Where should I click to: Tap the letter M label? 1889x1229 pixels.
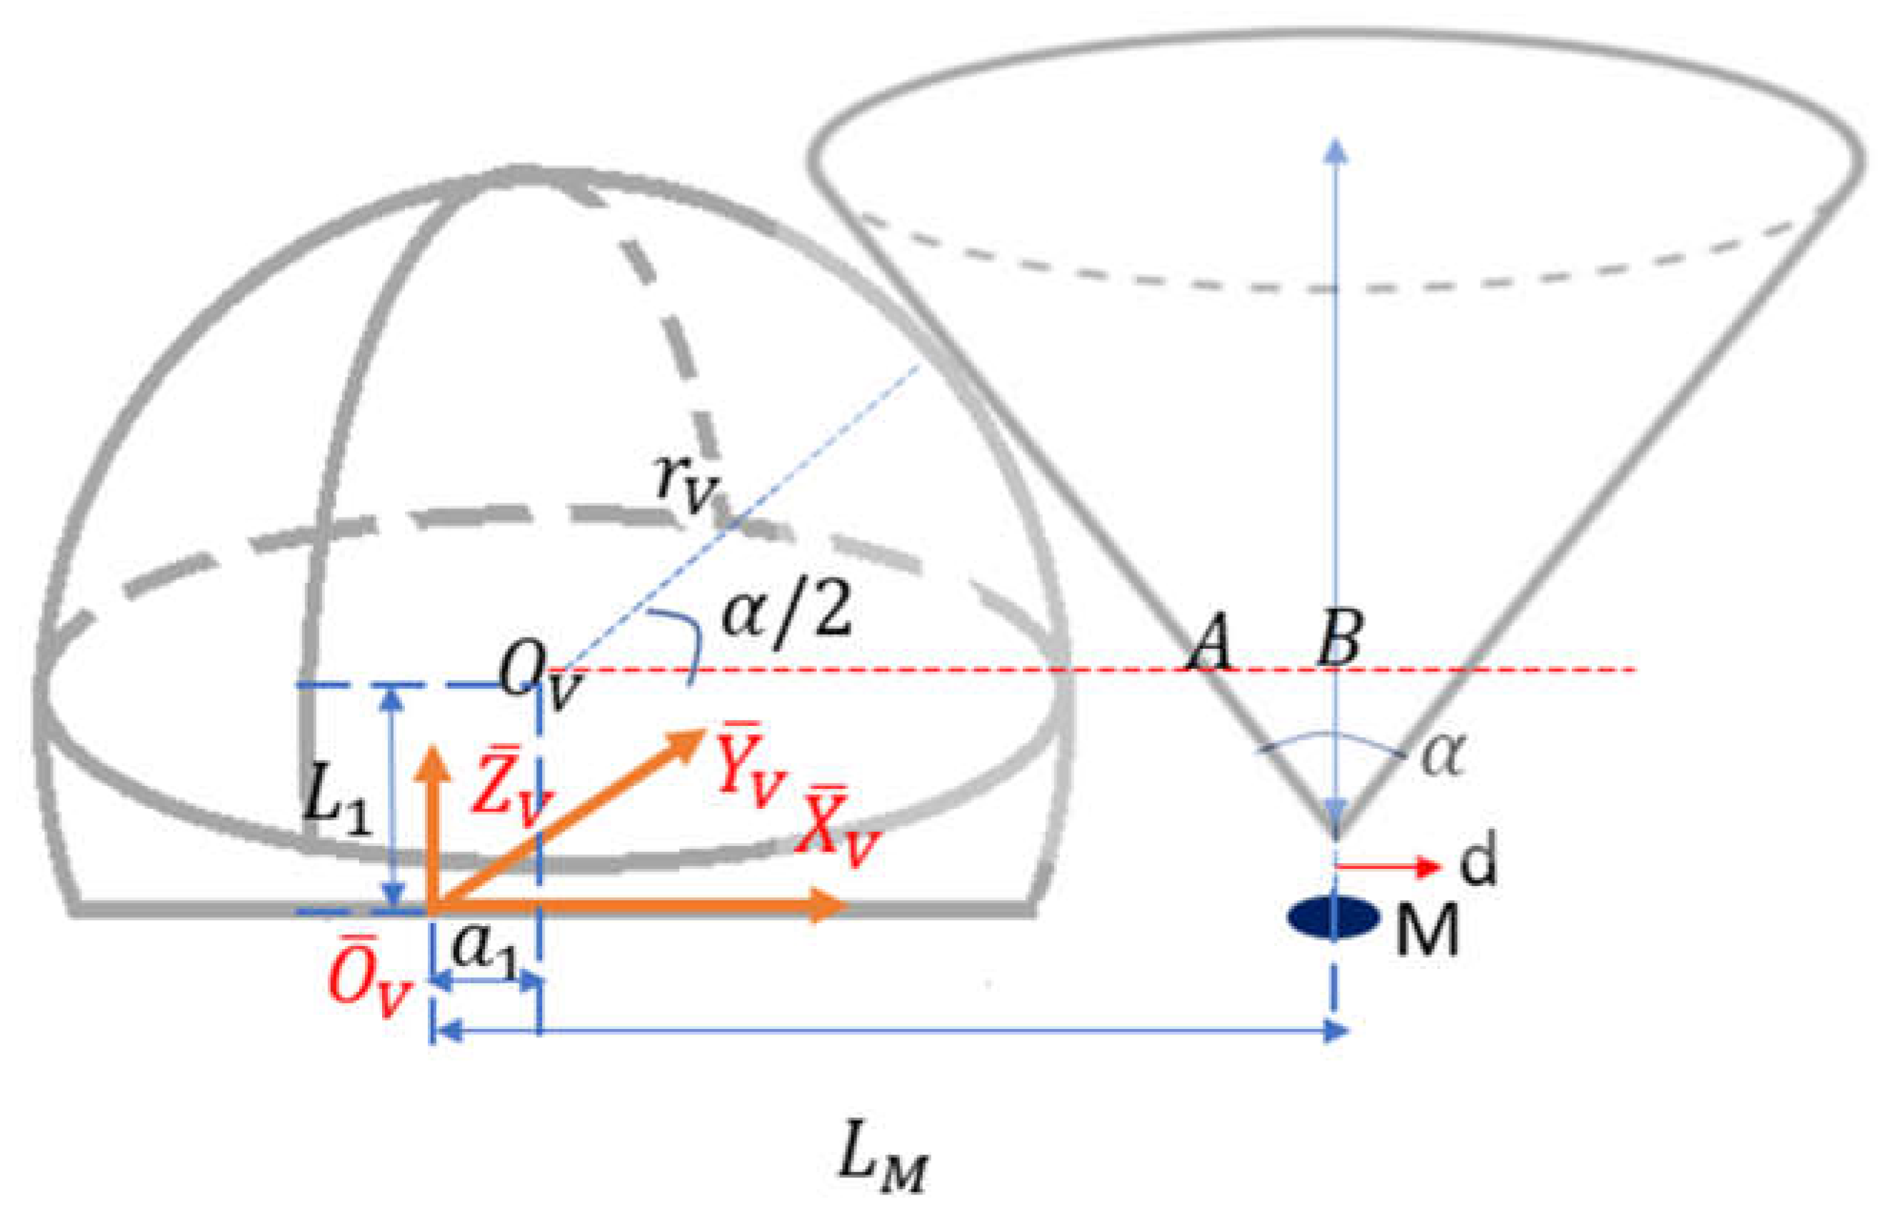(x=1426, y=931)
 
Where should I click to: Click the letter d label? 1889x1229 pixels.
(x=1478, y=859)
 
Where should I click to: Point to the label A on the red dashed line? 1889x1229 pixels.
(x=1210, y=642)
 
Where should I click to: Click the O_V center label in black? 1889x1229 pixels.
(x=540, y=680)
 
